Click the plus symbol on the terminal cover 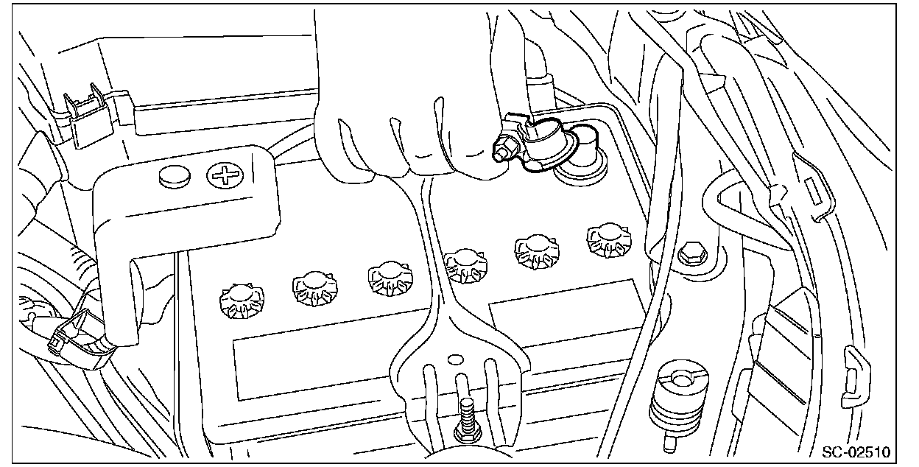point(221,176)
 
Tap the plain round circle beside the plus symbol point(175,175)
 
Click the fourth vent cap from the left point(465,264)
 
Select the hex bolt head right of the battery point(691,253)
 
